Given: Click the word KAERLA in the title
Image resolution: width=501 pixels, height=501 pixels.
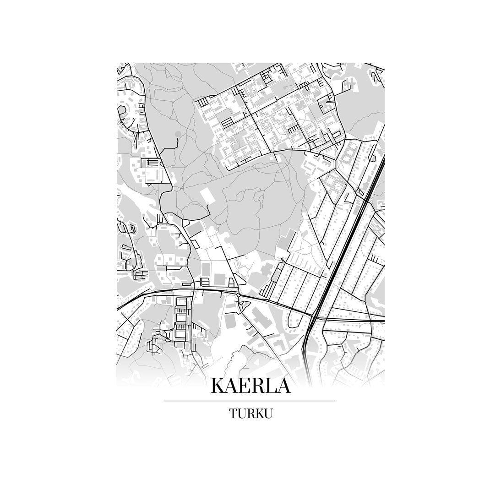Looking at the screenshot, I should tap(250, 386).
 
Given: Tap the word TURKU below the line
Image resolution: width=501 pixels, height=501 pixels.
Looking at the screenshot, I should tap(250, 414).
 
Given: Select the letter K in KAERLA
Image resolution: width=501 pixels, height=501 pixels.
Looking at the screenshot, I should tap(219, 386).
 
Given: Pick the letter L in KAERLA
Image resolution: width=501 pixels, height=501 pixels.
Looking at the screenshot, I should tap(272, 386).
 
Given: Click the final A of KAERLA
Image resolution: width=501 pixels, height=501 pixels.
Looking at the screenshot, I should tap(284, 386).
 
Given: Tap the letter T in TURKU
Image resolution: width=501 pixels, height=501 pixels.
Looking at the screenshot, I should tap(233, 414).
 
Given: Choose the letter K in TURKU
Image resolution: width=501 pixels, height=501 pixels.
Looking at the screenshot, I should tap(258, 414).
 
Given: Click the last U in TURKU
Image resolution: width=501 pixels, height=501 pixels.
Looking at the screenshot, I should tap(268, 414).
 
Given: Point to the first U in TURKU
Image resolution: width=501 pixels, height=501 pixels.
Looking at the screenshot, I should tap(241, 414).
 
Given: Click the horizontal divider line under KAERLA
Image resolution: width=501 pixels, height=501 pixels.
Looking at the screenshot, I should tap(250, 401).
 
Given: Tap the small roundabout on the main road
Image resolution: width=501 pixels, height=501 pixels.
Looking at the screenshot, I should tap(239, 295).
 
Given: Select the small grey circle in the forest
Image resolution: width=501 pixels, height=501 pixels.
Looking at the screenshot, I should tap(178, 134).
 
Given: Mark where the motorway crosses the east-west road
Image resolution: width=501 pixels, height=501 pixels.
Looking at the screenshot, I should tap(316, 316).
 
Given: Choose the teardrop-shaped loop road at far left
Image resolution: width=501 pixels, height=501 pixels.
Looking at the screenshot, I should tap(123, 112).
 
